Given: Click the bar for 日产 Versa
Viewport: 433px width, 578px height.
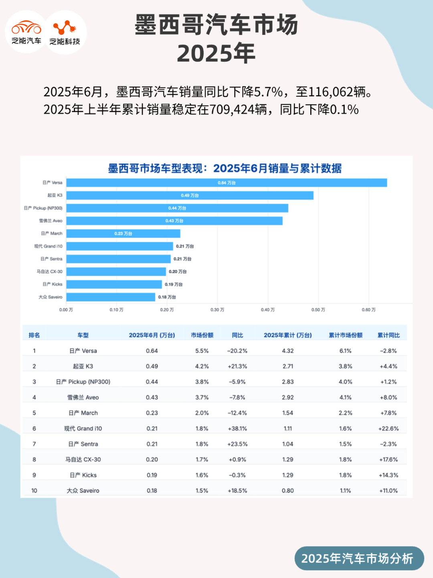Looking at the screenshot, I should click(227, 183).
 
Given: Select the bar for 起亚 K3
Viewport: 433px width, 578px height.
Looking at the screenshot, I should click(190, 195).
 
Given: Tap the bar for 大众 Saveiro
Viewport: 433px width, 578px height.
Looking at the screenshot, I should click(111, 297).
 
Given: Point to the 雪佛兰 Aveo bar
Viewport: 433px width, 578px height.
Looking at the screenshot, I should click(174, 221).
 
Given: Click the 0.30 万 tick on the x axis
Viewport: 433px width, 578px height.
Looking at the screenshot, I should click(217, 310).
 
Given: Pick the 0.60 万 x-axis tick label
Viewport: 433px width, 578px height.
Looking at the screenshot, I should click(368, 310).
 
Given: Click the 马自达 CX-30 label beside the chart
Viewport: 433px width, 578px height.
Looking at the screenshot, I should click(50, 272).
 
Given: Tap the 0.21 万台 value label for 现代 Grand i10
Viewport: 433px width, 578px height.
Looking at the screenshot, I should click(185, 246).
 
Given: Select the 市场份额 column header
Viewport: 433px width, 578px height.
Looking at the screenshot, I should click(202, 335).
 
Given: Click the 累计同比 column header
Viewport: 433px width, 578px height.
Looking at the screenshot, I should click(388, 335).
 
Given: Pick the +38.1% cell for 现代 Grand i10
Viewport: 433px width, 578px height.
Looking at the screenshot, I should click(237, 429).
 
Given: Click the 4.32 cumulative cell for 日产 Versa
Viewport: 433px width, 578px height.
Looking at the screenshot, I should click(288, 351).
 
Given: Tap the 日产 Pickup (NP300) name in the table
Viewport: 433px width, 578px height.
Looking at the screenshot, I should click(83, 382).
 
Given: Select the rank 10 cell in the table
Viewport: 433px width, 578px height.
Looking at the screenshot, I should click(34, 490).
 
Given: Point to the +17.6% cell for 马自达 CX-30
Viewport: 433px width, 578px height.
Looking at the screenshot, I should click(388, 460).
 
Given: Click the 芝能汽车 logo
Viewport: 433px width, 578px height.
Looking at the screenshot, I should click(26, 32).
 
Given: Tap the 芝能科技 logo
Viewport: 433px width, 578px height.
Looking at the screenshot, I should click(65, 32).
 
